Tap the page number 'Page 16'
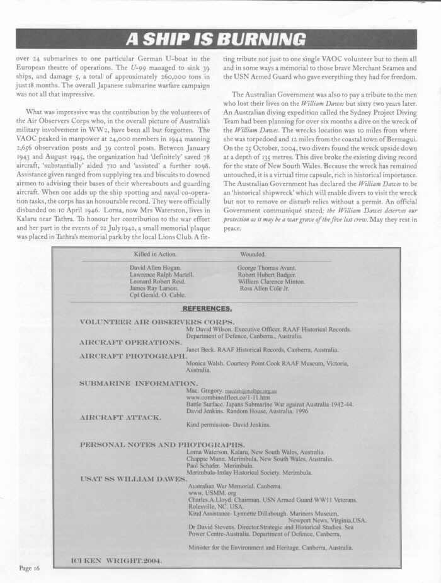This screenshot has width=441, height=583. (x=29, y=567)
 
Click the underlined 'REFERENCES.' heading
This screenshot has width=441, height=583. (x=207, y=309)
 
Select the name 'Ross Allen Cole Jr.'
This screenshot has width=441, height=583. (x=268, y=288)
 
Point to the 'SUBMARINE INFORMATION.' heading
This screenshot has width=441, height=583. (x=139, y=383)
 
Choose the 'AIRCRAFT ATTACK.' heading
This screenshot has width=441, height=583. (x=121, y=417)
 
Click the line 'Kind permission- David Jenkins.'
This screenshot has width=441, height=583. (x=229, y=424)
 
